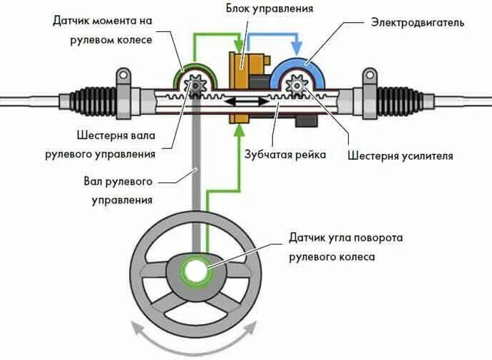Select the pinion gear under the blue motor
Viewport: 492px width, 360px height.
pos(296,87)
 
